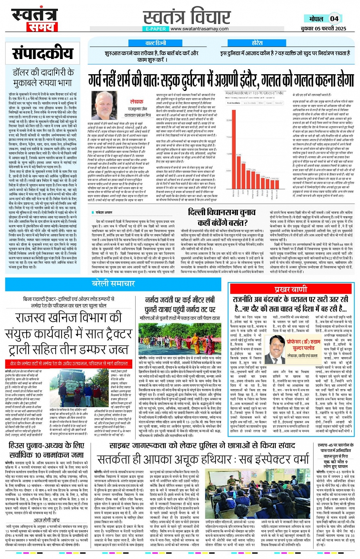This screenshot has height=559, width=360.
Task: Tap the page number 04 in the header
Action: (x=334, y=19)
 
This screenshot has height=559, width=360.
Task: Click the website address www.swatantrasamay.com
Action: (x=199, y=29)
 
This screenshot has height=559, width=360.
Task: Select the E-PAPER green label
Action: (x=155, y=29)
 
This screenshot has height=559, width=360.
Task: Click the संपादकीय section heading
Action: (x=42, y=54)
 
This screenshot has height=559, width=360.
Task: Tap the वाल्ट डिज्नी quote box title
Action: (x=155, y=43)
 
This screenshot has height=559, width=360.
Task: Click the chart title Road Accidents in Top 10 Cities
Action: (x=254, y=93)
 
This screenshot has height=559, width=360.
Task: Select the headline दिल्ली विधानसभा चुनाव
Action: (x=222, y=212)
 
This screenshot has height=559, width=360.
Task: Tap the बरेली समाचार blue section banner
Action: (x=114, y=283)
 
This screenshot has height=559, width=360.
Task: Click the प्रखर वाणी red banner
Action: (x=291, y=289)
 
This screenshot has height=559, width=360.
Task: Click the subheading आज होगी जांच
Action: (x=46, y=520)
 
